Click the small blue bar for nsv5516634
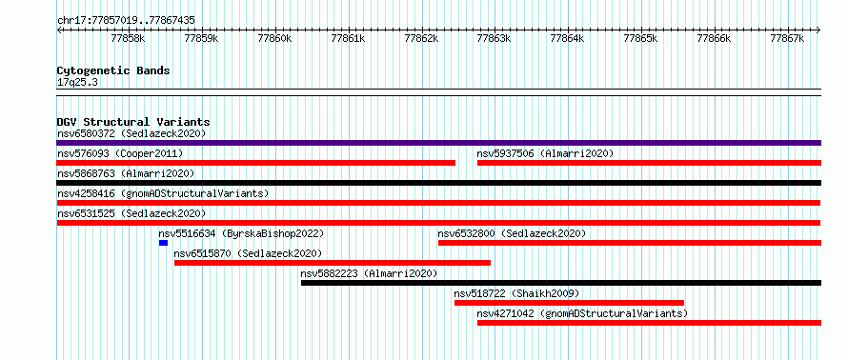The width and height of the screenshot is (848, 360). click(163, 243)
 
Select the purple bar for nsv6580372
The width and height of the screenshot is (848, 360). click(439, 143)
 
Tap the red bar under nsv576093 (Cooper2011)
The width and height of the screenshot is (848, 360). click(255, 163)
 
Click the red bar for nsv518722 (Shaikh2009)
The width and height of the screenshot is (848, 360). click(570, 303)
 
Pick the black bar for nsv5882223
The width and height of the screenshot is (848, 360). click(561, 283)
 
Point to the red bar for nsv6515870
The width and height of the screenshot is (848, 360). click(333, 263)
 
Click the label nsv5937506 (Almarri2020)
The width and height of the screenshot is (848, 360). click(545, 154)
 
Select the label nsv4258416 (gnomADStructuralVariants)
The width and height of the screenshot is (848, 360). click(163, 193)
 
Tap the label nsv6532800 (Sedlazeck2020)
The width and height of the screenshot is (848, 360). click(512, 233)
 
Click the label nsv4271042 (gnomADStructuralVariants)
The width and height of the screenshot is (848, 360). click(582, 313)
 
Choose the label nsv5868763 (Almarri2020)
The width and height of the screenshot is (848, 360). click(126, 173)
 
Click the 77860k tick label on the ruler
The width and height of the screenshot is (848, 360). click(274, 38)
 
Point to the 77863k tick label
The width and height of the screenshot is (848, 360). click(495, 38)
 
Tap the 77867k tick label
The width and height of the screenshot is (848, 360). click(787, 38)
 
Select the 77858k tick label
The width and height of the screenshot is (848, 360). click(129, 38)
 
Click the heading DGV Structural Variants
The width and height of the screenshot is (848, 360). click(133, 123)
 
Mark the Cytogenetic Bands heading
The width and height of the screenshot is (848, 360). click(113, 70)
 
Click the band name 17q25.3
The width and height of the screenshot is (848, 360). click(77, 83)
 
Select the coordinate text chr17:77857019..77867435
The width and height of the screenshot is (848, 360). click(126, 21)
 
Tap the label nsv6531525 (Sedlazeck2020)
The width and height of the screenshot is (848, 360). click(131, 213)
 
